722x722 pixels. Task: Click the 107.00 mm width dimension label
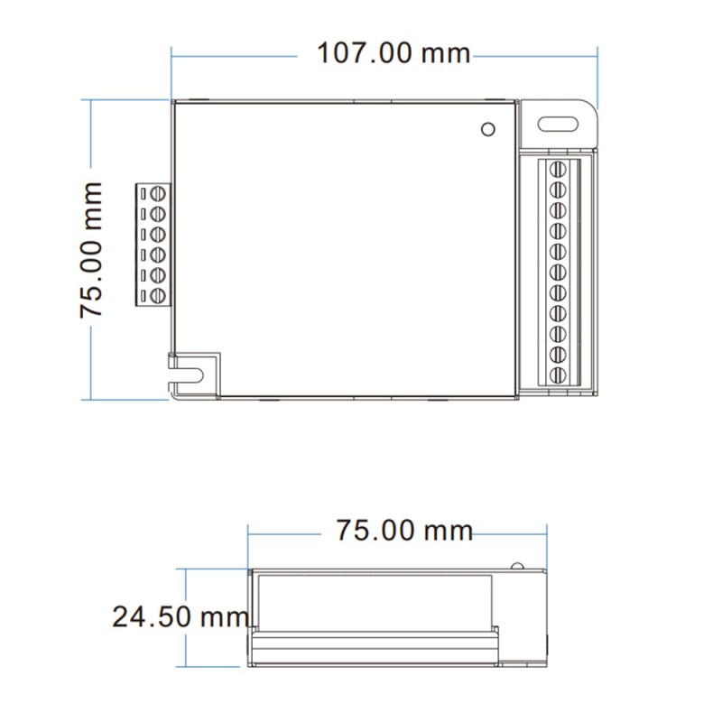coord(393,53)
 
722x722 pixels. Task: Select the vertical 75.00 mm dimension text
coord(90,249)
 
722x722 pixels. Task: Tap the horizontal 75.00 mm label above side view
coord(404,530)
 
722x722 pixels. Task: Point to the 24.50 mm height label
coord(180,617)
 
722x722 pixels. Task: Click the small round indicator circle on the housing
coord(488,129)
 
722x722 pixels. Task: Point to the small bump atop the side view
coord(516,566)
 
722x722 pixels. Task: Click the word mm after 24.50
coord(224,617)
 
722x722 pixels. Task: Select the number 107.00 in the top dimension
coord(365,53)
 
